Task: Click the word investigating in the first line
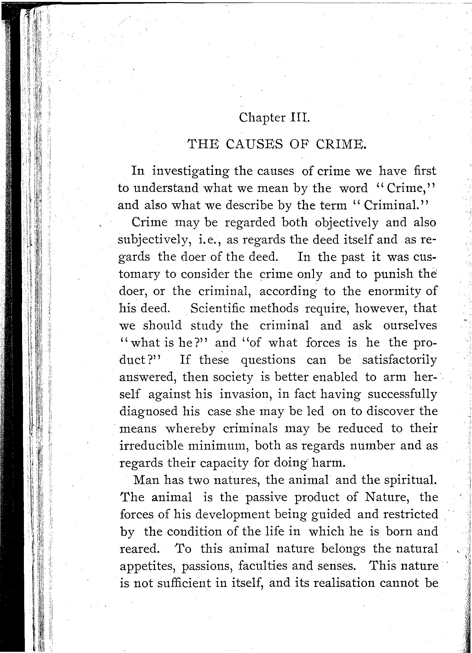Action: (x=192, y=172)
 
